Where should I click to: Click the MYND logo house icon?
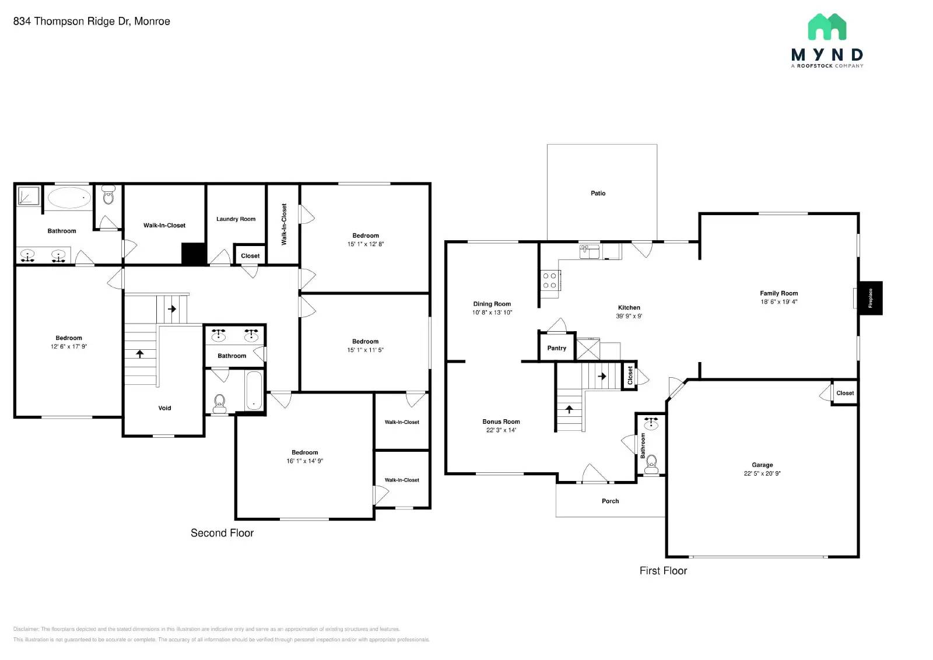coord(827,27)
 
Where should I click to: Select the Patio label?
coord(598,193)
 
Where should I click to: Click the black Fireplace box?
coord(871,298)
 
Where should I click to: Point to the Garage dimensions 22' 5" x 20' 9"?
coord(762,473)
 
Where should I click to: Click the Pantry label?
coord(556,348)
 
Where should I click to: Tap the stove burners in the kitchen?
coord(549,280)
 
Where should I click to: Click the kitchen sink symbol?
coord(589,252)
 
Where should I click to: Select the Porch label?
coord(610,501)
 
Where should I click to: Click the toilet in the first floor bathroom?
coord(651,464)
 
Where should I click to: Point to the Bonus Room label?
coord(501,422)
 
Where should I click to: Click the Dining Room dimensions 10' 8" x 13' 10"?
coord(492,313)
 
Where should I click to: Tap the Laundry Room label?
coord(236,219)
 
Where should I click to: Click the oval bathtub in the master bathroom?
coord(69,198)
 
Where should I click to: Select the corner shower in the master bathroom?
coord(28,196)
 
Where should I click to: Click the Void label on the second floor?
coord(164,408)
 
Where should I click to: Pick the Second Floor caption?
coord(222,533)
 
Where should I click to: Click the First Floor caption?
coord(663,571)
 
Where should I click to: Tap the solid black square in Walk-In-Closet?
coord(194,254)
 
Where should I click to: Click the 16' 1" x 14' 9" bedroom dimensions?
coord(304,461)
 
